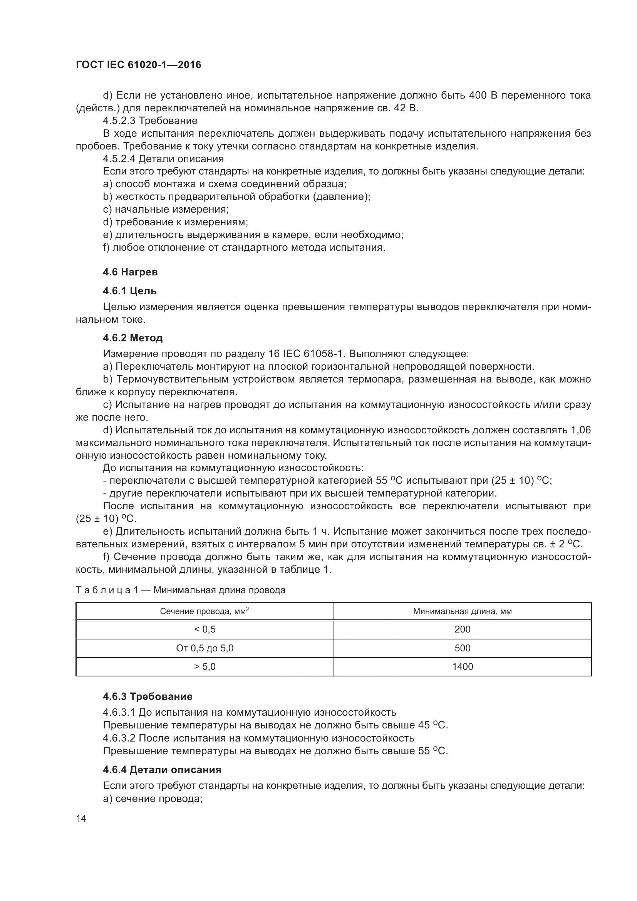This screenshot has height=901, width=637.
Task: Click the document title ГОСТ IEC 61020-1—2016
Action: [138, 65]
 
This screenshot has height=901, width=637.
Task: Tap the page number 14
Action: [81, 819]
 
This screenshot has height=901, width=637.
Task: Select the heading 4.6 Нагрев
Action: [130, 272]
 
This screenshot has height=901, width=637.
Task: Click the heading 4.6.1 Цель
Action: [130, 291]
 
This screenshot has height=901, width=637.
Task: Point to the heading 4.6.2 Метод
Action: [132, 338]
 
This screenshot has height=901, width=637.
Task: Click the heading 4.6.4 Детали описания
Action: [162, 770]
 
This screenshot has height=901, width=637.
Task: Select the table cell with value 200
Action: [462, 629]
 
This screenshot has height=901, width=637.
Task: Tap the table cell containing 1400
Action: [462, 667]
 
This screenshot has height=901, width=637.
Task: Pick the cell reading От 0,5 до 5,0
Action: [205, 648]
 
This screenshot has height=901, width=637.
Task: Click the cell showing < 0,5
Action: [205, 629]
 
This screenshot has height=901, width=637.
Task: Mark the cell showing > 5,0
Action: [205, 667]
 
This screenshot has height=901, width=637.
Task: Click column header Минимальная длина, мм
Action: [462, 611]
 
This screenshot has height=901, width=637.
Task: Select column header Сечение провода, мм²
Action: [205, 611]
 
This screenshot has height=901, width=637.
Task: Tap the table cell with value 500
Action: [462, 648]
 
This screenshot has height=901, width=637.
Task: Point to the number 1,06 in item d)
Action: [580, 430]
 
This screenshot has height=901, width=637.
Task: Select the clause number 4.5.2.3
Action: [120, 121]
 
